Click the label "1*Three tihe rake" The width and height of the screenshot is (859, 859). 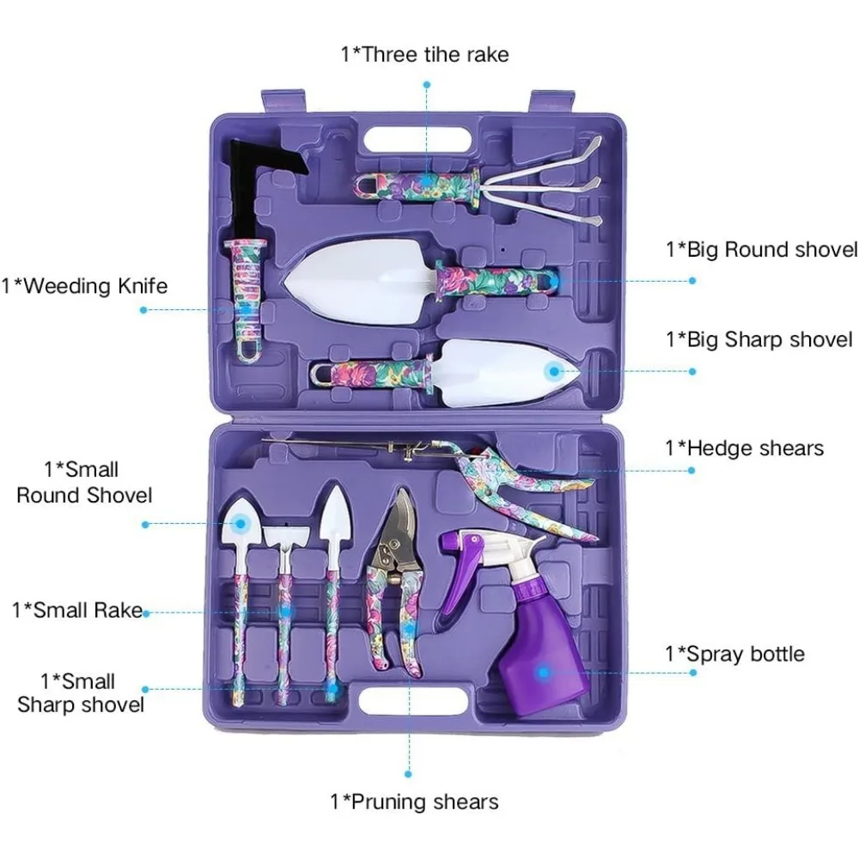(x=424, y=55)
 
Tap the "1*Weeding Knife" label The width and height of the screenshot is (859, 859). (x=84, y=285)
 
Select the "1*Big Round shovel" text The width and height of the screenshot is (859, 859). (x=761, y=250)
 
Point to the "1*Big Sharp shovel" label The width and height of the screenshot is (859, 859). (x=759, y=339)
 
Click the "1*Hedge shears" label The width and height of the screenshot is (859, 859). (x=744, y=448)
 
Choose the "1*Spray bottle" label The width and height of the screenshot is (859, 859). (x=734, y=654)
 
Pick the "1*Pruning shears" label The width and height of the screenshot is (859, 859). (x=414, y=802)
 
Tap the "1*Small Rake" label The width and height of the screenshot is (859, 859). (x=77, y=611)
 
